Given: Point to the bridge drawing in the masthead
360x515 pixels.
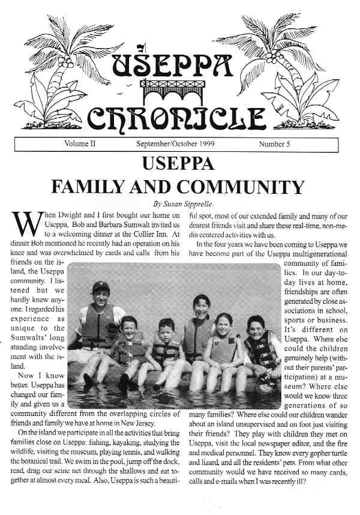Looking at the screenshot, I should click(x=180, y=90).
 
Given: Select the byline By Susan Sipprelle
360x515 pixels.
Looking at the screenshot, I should click(x=181, y=204).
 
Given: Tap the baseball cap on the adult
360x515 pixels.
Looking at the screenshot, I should click(x=101, y=288).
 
